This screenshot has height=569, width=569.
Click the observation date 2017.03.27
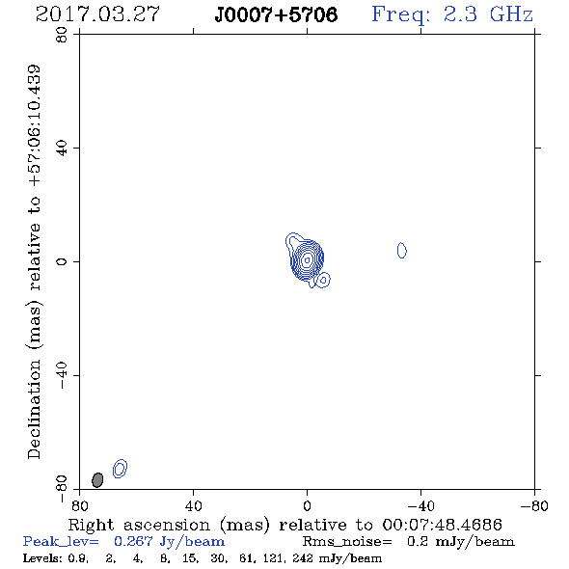[97, 14]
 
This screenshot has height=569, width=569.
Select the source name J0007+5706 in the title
[276, 14]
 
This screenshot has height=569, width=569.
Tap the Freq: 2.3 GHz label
[452, 14]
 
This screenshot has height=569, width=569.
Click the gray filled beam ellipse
[97, 479]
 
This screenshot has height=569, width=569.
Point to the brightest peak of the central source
[307, 259]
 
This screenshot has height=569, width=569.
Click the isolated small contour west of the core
[402, 251]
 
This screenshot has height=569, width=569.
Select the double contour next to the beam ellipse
[121, 468]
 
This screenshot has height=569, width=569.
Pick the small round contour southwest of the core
[323, 280]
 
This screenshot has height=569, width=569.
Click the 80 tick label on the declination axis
[62, 35]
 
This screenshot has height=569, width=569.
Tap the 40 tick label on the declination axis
[62, 149]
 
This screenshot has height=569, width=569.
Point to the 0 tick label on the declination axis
[62, 261]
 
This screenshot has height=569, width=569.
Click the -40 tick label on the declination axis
[62, 375]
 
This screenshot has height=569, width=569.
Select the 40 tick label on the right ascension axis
[194, 506]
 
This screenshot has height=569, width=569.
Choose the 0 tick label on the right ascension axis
[307, 506]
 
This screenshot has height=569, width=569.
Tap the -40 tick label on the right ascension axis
[420, 506]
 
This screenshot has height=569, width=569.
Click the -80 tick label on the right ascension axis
[534, 506]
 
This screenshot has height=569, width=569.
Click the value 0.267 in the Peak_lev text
[133, 541]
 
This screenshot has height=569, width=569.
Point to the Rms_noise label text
[347, 542]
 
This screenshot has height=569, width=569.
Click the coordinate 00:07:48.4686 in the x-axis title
[443, 525]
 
